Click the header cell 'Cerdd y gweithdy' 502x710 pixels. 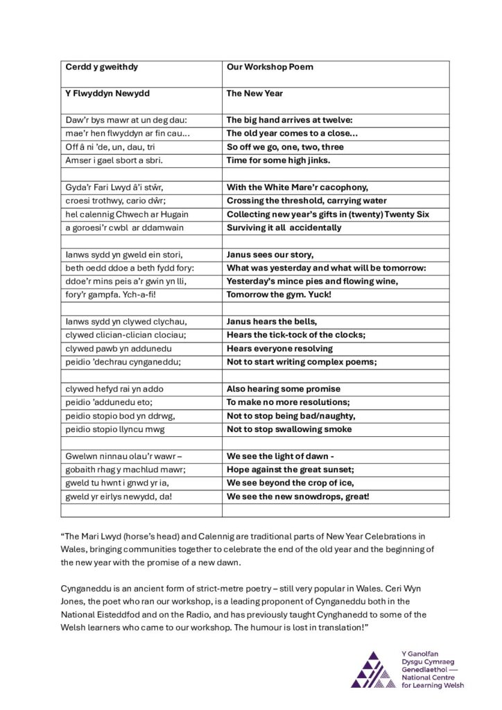tap(101, 67)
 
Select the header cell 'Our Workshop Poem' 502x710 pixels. tap(270, 67)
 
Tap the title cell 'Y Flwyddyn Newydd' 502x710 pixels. tap(107, 93)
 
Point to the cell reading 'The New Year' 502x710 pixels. tap(254, 93)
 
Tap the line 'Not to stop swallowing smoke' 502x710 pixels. tap(289, 429)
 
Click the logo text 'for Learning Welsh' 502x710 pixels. tap(433, 685)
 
